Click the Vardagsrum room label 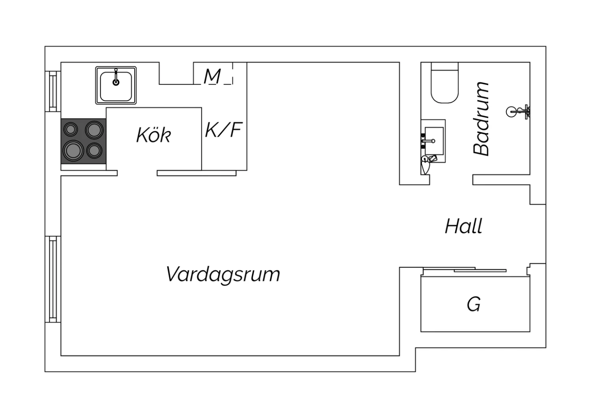[x=223, y=275]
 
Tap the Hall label [x=464, y=226]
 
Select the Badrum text [x=481, y=119]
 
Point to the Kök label [x=154, y=135]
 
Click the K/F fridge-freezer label [x=223, y=130]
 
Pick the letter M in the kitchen [x=212, y=77]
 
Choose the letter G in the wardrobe [x=474, y=304]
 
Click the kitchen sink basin [x=116, y=85]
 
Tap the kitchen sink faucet [x=116, y=77]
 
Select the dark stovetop [x=84, y=141]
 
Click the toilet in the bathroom [x=444, y=83]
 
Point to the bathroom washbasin [x=433, y=141]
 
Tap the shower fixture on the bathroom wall [x=518, y=112]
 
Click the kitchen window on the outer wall [x=53, y=91]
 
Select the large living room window [x=53, y=279]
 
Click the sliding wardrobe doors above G [x=465, y=270]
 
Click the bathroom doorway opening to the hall [x=451, y=179]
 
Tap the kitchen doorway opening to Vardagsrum [x=137, y=173]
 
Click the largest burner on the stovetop [x=73, y=151]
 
